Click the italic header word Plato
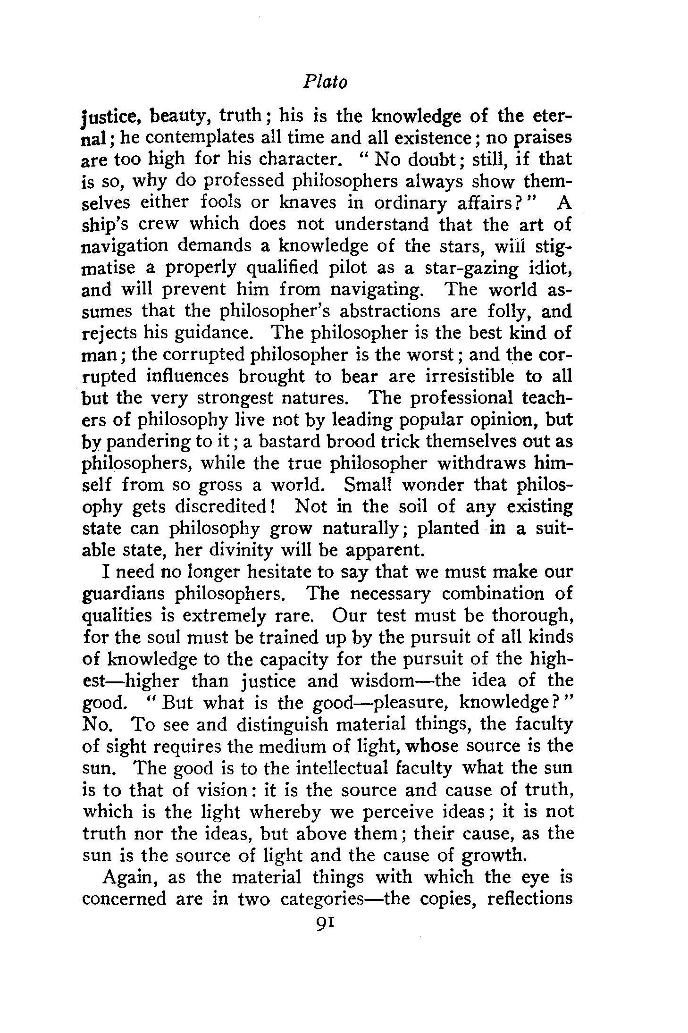pyautogui.click(x=325, y=83)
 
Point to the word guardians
pyautogui.click(x=123, y=594)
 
